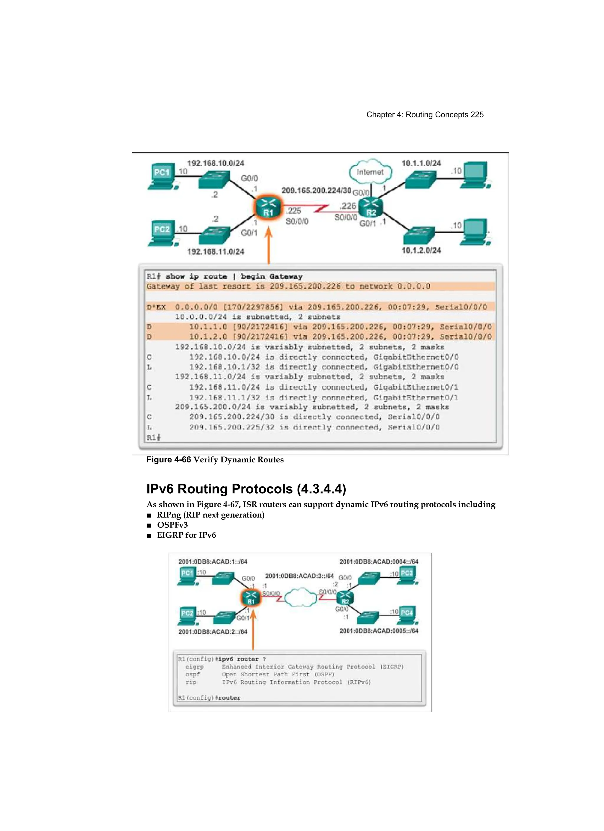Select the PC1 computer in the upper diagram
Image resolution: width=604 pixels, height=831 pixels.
[x=162, y=176]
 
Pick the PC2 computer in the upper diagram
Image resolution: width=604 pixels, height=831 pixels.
[x=162, y=233]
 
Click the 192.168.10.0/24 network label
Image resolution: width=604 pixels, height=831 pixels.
[x=216, y=163]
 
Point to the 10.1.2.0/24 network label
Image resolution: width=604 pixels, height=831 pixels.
[x=421, y=250]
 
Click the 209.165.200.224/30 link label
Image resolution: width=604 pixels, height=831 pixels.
[x=316, y=190]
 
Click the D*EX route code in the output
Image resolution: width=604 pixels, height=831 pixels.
[x=156, y=307]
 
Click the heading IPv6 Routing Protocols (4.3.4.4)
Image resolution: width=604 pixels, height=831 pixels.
[x=246, y=489]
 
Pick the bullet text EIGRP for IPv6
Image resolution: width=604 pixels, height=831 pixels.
[x=186, y=535]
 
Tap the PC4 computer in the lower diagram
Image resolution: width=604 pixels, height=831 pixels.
[x=407, y=615]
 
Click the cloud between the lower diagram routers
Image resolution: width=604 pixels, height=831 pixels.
[x=300, y=597]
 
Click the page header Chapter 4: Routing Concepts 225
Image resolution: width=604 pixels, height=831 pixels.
[x=425, y=115]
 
